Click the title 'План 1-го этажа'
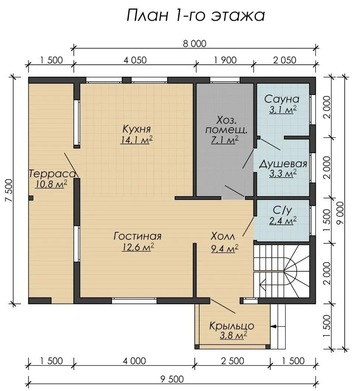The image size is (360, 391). [196, 16]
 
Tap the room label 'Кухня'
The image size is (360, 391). [137, 129]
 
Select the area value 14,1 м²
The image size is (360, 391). [136, 140]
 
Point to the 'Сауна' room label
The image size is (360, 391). [282, 99]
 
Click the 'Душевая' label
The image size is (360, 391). [283, 164]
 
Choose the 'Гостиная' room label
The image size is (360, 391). [138, 236]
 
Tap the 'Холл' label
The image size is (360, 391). [223, 236]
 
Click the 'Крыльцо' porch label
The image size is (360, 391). [232, 326]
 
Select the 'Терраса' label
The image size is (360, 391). [52, 174]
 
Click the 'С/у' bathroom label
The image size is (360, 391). [282, 210]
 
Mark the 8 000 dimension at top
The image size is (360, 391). [195, 44]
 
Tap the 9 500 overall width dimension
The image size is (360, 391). [172, 379]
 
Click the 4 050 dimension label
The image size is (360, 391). [135, 60]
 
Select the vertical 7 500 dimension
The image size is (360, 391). [9, 190]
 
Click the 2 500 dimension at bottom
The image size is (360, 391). [232, 361]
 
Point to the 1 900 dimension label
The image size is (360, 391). [225, 60]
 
